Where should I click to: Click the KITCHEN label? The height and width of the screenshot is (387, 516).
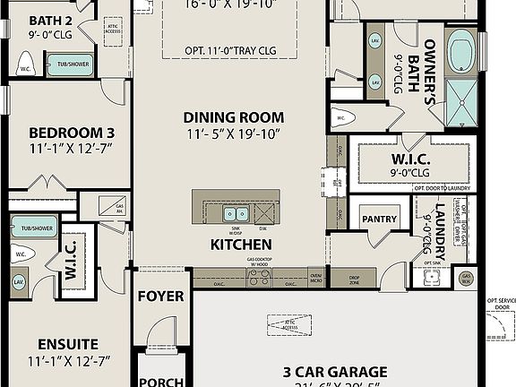(240, 244)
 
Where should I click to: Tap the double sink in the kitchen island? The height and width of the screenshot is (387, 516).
(236, 213)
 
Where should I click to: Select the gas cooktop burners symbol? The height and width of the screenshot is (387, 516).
(259, 279)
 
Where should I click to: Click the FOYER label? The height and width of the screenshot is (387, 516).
(161, 296)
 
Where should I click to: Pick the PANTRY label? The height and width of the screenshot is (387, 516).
(379, 219)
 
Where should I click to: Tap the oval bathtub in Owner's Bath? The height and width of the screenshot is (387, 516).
(462, 52)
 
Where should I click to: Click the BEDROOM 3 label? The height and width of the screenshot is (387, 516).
(65, 133)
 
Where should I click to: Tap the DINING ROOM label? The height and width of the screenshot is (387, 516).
(233, 116)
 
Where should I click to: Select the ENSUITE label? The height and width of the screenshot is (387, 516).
(67, 344)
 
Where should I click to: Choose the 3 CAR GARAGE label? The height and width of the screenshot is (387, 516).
(334, 371)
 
